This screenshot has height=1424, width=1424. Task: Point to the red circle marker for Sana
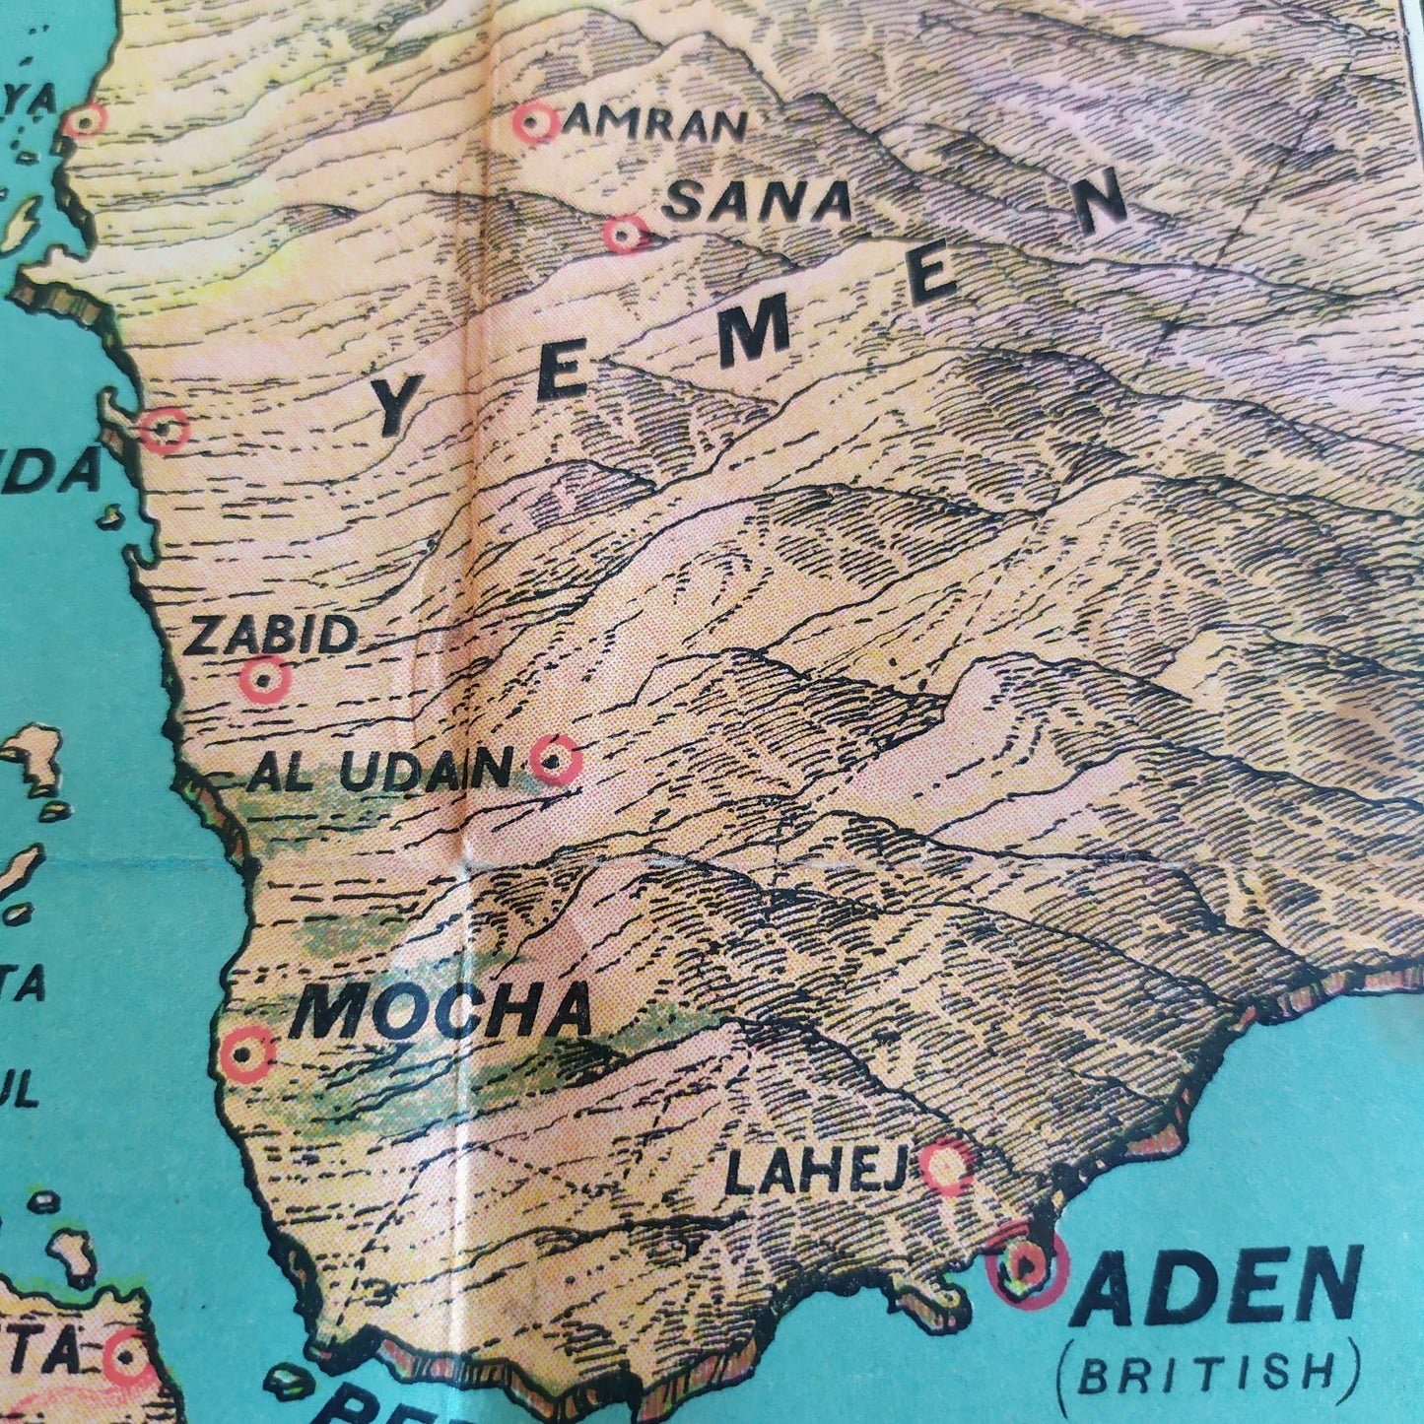625,235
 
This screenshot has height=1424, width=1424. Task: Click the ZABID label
272,636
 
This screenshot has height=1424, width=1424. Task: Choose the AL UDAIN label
380,770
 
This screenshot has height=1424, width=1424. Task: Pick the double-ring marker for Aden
1026,1265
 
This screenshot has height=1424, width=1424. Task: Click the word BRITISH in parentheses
1207,1374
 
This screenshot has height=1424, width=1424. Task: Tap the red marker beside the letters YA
84,120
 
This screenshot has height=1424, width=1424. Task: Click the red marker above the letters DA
164,429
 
